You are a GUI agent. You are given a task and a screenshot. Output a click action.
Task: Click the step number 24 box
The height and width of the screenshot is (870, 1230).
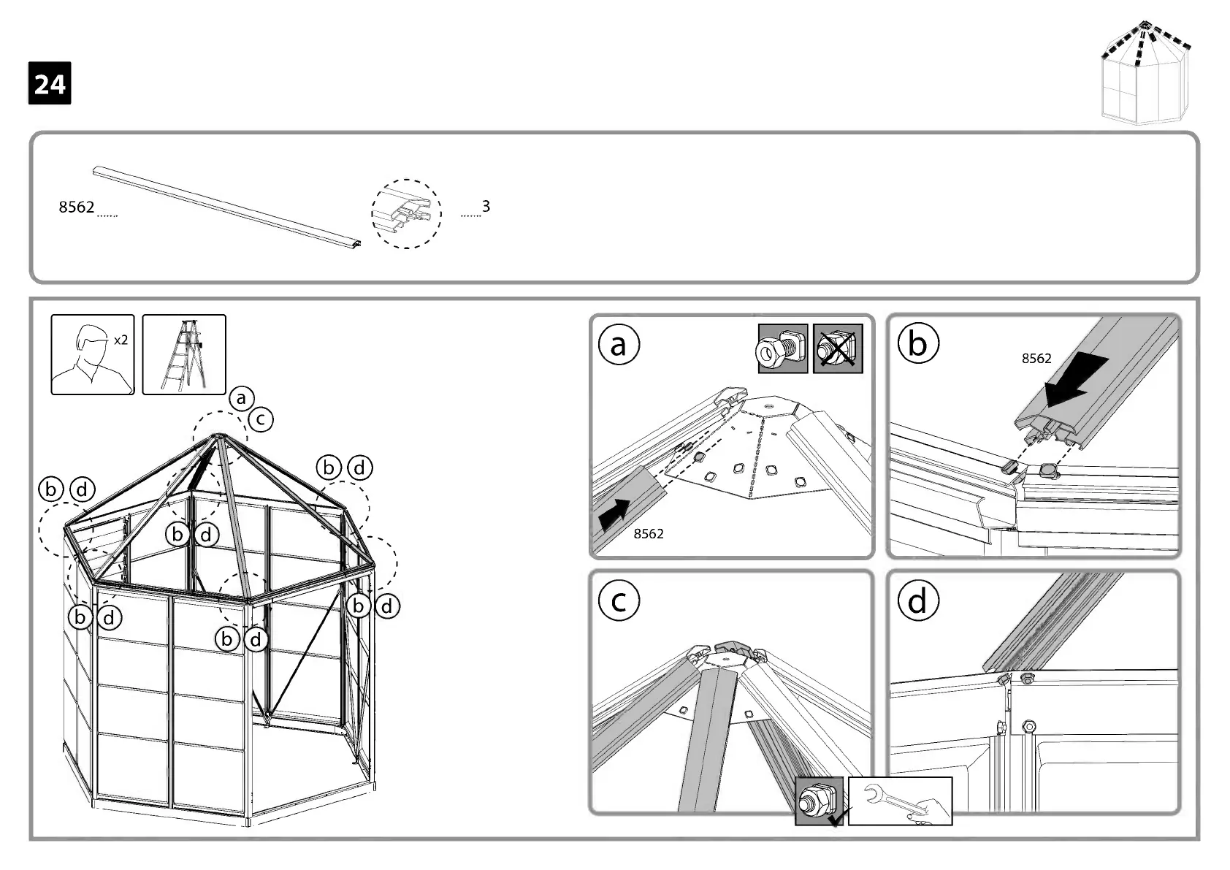[x=50, y=83]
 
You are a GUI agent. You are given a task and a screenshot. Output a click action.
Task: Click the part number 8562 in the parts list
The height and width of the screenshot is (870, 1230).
[x=77, y=207]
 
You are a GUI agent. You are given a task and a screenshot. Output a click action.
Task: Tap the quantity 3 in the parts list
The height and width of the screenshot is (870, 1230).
[x=486, y=206]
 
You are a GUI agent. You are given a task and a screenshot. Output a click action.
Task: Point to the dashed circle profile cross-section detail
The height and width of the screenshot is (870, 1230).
[x=406, y=213]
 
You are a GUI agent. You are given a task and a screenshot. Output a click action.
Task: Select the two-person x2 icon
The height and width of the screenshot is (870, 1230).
[x=93, y=355]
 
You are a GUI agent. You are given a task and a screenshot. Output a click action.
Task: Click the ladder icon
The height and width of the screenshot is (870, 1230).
[x=184, y=355]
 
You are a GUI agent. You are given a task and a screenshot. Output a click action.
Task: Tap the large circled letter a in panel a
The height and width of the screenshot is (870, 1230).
[x=619, y=345]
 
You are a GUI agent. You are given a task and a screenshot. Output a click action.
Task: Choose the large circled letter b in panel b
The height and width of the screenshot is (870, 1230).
[x=917, y=343]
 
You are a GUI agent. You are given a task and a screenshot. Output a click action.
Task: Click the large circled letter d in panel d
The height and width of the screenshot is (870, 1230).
[x=917, y=600]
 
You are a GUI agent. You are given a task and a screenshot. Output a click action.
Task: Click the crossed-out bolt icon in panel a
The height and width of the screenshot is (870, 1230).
[x=838, y=348]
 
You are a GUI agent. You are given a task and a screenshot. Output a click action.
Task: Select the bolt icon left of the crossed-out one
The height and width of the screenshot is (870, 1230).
[x=782, y=348]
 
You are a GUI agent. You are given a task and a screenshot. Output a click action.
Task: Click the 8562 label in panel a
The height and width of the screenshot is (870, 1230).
[x=649, y=534]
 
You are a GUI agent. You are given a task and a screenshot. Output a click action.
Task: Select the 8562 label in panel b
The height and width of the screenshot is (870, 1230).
[x=1036, y=358]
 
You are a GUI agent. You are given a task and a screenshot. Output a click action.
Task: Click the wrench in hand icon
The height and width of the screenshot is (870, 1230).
[x=900, y=801]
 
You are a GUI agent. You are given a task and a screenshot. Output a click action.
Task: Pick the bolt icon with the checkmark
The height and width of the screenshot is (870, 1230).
[x=819, y=801]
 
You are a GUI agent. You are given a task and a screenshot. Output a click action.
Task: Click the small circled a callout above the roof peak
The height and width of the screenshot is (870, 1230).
[x=241, y=398]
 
